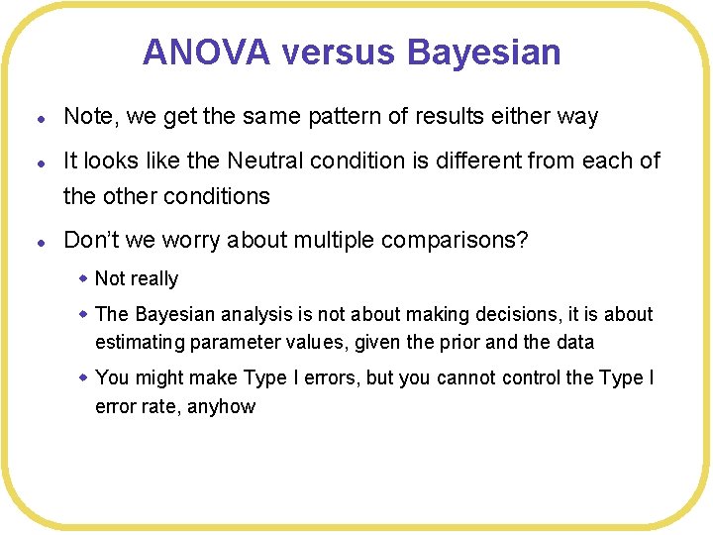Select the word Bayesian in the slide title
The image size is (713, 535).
tap(484, 52)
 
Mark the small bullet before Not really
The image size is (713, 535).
tap(84, 277)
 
